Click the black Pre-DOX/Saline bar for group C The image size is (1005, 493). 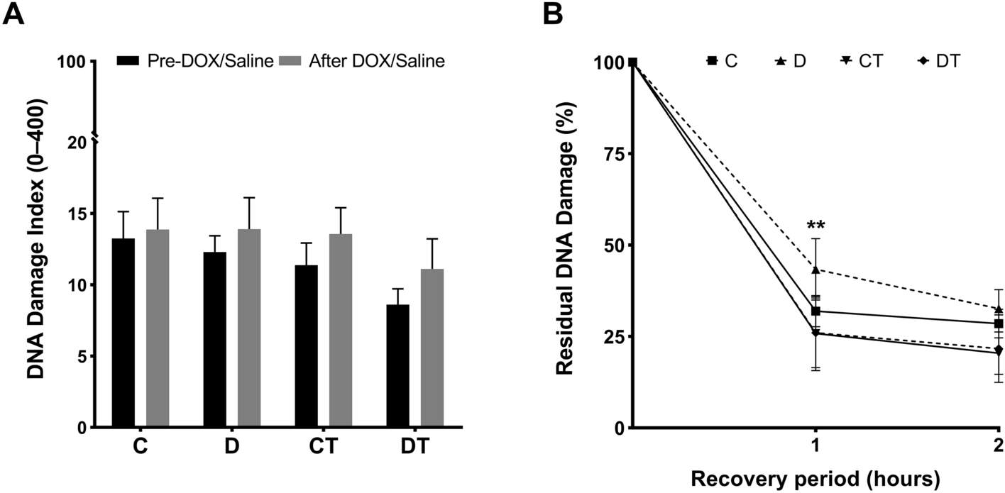tap(123, 333)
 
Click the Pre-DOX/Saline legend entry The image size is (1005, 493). tap(196, 62)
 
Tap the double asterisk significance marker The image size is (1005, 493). tap(815, 226)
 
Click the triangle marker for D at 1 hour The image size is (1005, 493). tap(815, 270)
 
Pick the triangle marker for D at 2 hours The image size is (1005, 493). tap(999, 309)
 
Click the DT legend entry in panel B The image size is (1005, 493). tap(938, 62)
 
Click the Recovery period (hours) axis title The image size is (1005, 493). tap(815, 480)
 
